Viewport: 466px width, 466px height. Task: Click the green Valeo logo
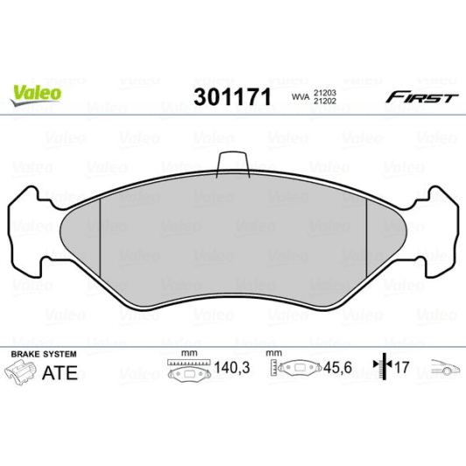[35, 90]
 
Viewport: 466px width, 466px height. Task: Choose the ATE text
[60, 371]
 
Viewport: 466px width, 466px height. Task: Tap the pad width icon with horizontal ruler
[184, 368]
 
